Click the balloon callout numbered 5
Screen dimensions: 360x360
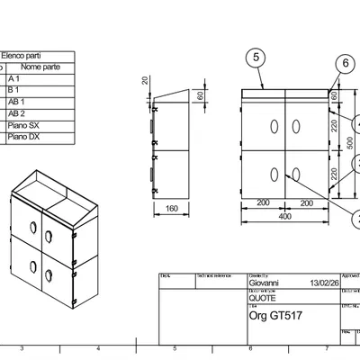click(256, 58)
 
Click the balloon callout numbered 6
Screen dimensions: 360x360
click(345, 63)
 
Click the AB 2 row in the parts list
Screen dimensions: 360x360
click(18, 114)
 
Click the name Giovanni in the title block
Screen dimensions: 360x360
click(265, 283)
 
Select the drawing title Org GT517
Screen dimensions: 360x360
click(274, 317)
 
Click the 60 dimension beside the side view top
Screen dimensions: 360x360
click(200, 95)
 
